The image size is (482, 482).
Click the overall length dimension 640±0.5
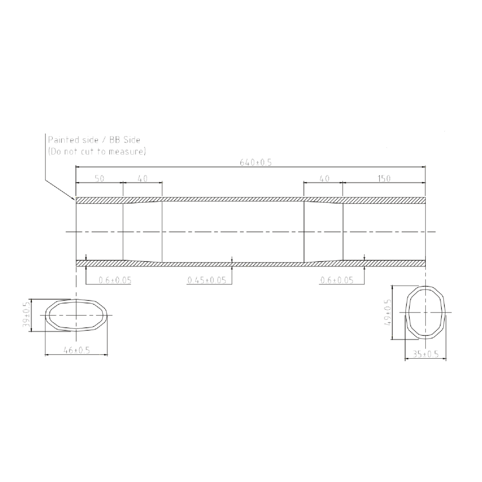coord(256,162)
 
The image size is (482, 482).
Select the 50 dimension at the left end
coord(100,179)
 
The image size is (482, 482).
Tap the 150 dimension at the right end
coord(384,179)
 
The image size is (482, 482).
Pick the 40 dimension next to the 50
coord(142,179)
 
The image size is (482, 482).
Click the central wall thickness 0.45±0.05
coord(206,280)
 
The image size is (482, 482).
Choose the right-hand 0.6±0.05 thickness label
coord(337,280)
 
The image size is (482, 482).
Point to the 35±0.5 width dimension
coord(425,354)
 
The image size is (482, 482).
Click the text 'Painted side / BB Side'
coord(94,140)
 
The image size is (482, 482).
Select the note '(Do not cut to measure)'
coord(96,151)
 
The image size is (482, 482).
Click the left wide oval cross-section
coord(76,315)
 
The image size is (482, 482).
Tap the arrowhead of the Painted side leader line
coord(74,199)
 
